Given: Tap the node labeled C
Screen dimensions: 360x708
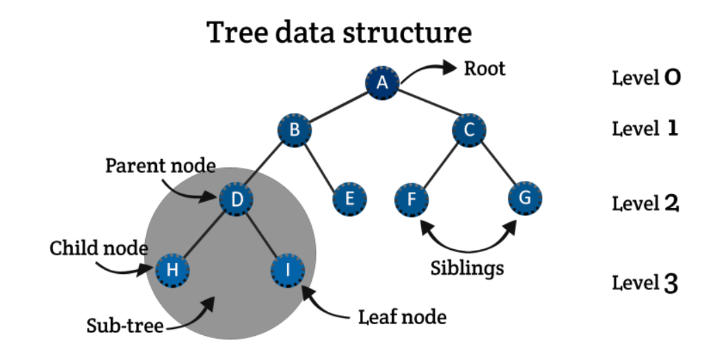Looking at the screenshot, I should (469, 129).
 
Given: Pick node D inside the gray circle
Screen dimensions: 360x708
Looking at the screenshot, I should (237, 200).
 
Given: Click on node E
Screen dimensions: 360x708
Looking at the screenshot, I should (350, 200).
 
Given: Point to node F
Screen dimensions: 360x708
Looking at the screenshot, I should (412, 200).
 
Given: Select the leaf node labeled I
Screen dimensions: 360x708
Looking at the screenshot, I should (288, 270).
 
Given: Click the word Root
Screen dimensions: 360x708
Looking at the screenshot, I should (484, 69).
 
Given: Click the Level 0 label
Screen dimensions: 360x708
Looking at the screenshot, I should (646, 78).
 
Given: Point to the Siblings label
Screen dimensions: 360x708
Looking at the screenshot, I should (467, 267).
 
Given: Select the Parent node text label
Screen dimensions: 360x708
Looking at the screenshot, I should (160, 166).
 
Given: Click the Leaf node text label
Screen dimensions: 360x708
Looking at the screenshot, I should (403, 317).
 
